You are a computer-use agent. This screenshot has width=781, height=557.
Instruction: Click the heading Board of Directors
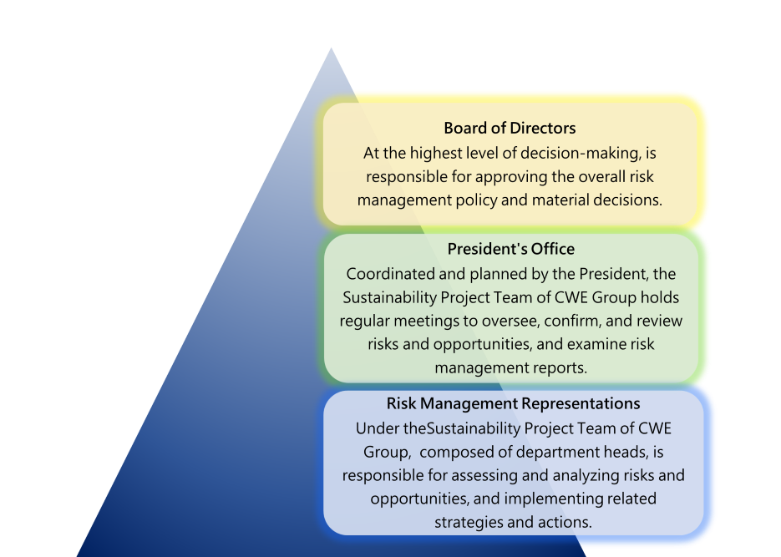[x=510, y=128]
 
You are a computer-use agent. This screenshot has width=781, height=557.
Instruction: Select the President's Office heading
[x=510, y=249]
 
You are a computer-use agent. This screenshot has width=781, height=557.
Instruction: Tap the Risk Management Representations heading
[x=513, y=403]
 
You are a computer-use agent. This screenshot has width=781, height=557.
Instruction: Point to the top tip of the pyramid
[x=332, y=48]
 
